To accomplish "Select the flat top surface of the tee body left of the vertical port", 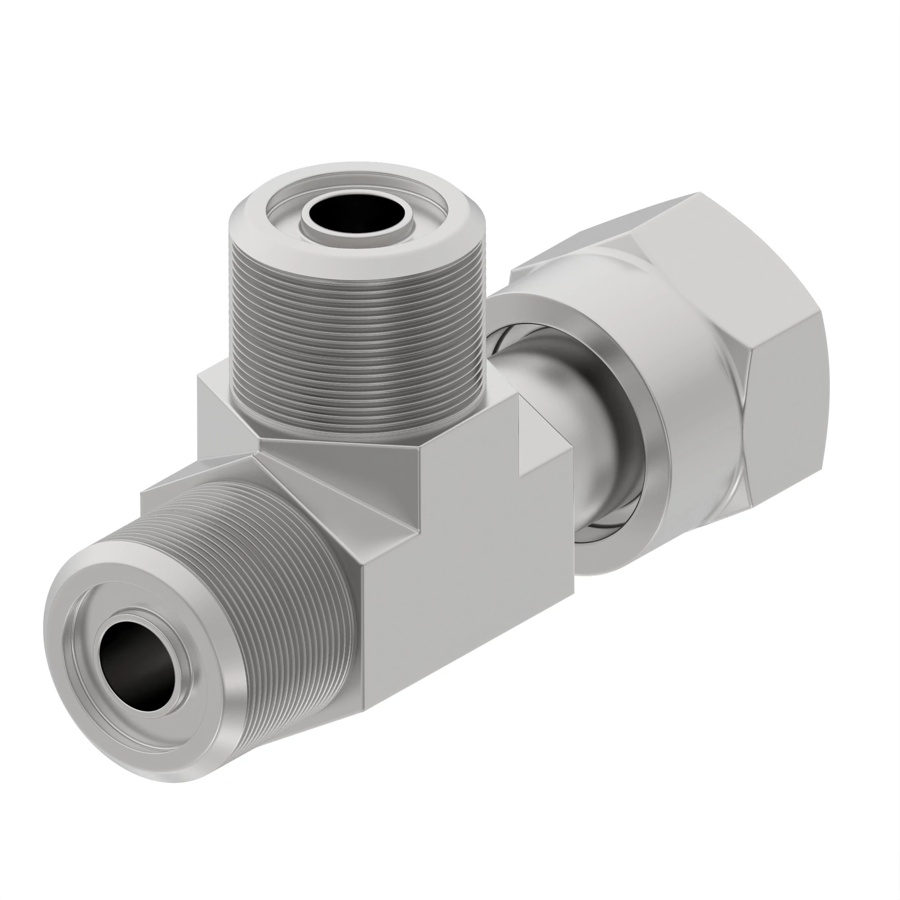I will click(x=214, y=400).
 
